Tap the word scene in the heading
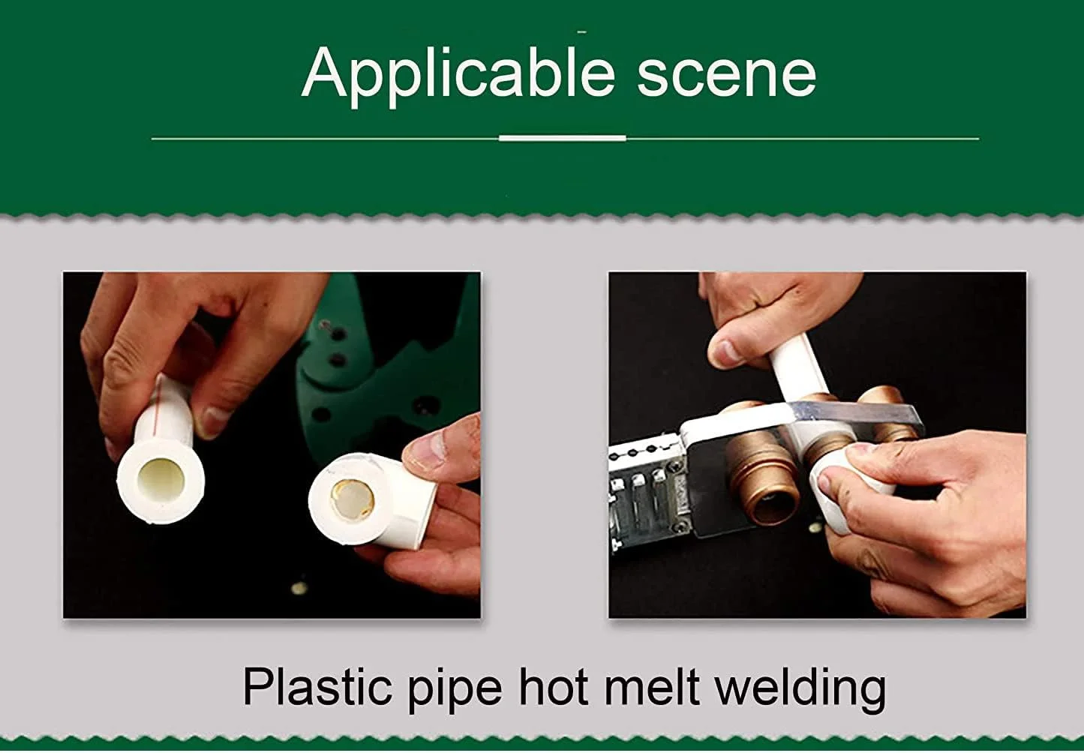tap(726, 76)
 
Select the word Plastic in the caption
tap(317, 688)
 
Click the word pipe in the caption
tap(455, 691)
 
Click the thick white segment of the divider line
tap(563, 139)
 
